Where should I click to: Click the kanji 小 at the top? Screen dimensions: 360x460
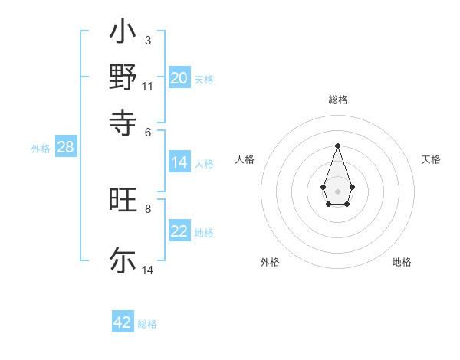click(x=123, y=34)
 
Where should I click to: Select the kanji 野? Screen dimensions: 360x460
click(x=123, y=77)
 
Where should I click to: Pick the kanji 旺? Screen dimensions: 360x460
click(x=123, y=201)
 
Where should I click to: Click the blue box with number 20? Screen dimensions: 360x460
click(x=179, y=78)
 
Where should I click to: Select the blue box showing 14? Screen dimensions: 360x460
click(x=179, y=162)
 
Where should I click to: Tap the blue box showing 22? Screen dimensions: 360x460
click(x=179, y=231)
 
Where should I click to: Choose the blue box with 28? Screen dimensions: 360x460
click(x=65, y=148)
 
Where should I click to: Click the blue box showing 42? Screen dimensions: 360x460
click(x=123, y=322)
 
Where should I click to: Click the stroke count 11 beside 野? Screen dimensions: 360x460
click(x=147, y=86)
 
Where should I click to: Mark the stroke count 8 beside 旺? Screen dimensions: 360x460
click(x=148, y=208)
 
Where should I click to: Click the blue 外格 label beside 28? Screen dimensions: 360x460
click(x=41, y=149)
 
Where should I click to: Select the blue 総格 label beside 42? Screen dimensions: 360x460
click(x=147, y=324)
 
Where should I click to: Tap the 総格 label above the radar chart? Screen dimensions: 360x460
click(x=338, y=100)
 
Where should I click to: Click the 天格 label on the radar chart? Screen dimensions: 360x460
click(x=432, y=159)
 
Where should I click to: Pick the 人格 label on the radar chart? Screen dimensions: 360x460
click(x=245, y=159)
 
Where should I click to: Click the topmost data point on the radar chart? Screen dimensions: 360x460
click(x=338, y=146)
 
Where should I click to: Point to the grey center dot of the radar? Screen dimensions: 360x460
click(x=338, y=191)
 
